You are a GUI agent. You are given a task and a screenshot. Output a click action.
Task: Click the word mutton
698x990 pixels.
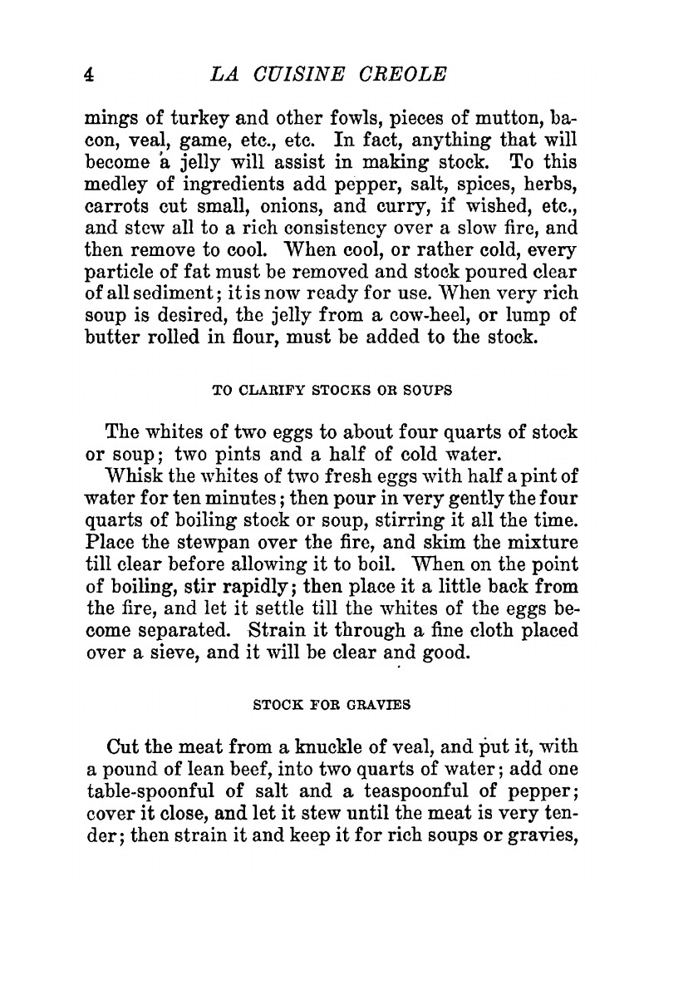pyautogui.click(x=469, y=116)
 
